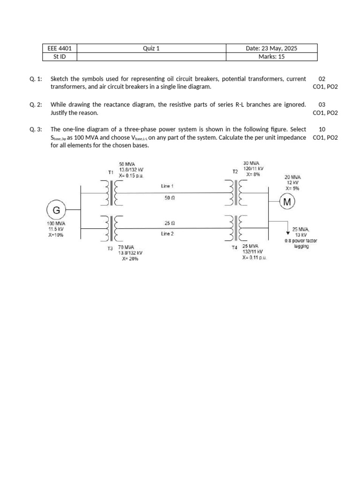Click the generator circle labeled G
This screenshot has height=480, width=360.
56,210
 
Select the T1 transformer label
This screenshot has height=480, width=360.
111,172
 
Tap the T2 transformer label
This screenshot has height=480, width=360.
235,172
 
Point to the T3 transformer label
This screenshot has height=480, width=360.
110,248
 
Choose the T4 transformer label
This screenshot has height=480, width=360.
234,248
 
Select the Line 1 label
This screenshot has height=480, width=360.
167,186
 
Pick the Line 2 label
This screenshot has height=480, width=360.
167,234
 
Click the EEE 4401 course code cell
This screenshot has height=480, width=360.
59,48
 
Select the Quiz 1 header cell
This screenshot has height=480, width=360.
151,48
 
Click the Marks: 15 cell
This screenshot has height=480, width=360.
271,57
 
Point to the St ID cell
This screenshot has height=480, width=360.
59,57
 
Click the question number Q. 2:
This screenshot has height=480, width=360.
36,105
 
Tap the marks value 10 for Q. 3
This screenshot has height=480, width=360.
322,129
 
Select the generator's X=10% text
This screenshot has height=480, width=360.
56,235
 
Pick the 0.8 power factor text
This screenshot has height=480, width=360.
300,241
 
